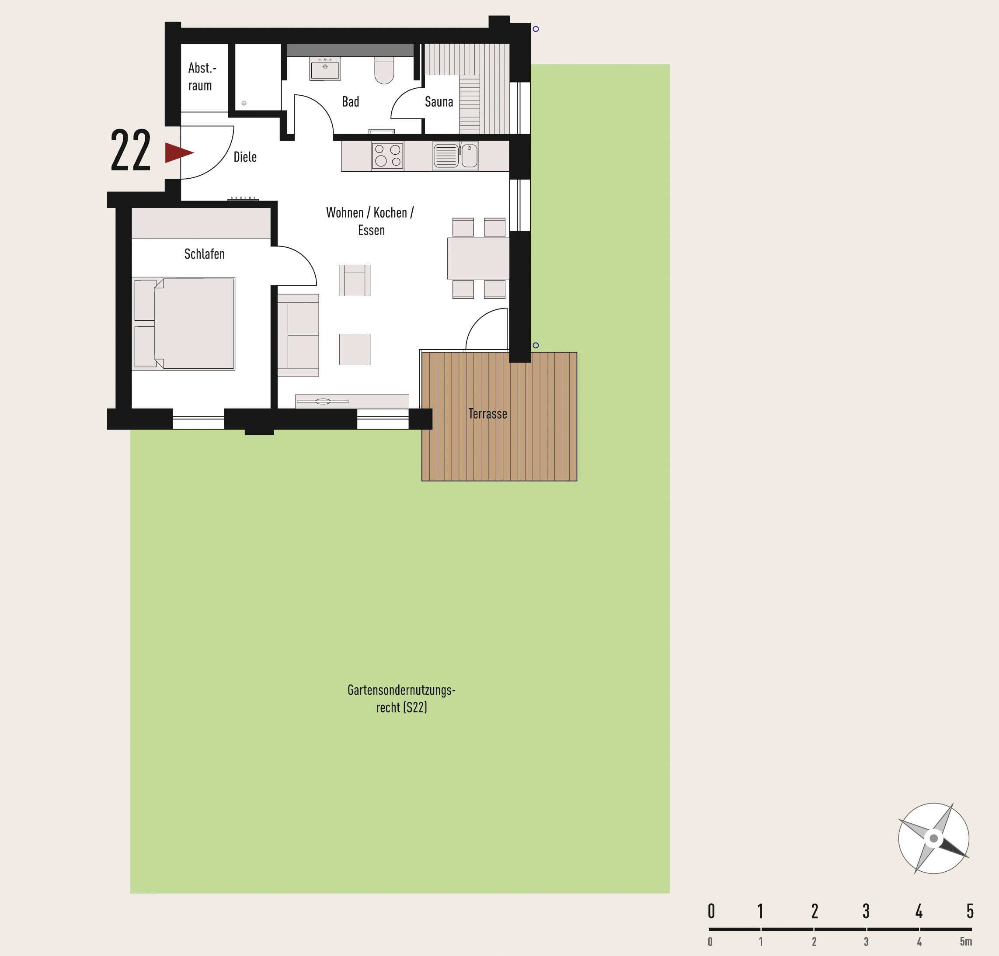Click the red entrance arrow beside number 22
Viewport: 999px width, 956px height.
pos(178,153)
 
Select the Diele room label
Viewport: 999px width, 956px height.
pos(245,157)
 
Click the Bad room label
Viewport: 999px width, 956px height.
pos(351,102)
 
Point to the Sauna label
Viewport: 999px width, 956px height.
pos(439,102)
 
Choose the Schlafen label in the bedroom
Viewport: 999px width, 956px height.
pos(204,254)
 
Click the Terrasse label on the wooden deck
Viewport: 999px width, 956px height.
pos(488,414)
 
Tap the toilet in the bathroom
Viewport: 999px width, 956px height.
pos(384,70)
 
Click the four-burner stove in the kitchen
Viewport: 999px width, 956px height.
pos(387,156)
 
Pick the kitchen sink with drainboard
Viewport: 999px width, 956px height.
pos(456,156)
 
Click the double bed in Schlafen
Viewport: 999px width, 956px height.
pos(184,323)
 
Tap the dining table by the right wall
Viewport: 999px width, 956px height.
pos(478,258)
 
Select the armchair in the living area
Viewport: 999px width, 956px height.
pos(355,280)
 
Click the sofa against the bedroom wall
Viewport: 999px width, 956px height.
pos(298,335)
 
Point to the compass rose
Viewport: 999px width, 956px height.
pos(933,838)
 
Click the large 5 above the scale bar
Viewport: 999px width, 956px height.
pos(970,911)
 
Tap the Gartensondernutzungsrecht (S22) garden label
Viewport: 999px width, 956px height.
pos(402,699)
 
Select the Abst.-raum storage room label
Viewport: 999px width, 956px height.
pos(202,76)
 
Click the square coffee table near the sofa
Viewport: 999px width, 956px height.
pos(355,350)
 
